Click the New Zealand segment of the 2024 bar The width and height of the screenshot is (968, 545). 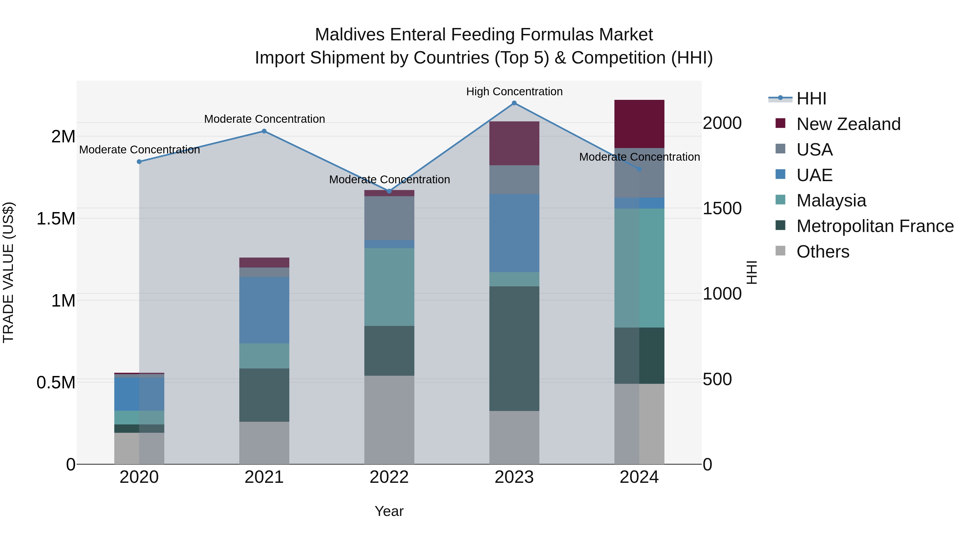639,124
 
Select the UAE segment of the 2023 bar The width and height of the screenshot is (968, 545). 514,233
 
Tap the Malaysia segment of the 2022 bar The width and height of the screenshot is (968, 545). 389,287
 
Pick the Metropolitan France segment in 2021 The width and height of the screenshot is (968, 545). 264,395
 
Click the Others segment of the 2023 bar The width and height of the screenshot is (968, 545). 514,437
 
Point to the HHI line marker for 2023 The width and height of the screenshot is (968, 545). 514,103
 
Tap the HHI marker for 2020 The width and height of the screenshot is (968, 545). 139,162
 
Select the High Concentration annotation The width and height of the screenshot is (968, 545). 514,92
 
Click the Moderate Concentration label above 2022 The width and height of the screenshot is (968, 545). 389,180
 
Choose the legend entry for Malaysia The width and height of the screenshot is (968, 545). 831,201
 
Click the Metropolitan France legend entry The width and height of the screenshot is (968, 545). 875,226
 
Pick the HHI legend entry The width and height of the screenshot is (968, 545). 811,99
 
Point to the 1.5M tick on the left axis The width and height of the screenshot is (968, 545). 56,219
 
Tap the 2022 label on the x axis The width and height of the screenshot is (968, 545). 389,477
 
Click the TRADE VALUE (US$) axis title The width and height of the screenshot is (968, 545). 8,272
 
